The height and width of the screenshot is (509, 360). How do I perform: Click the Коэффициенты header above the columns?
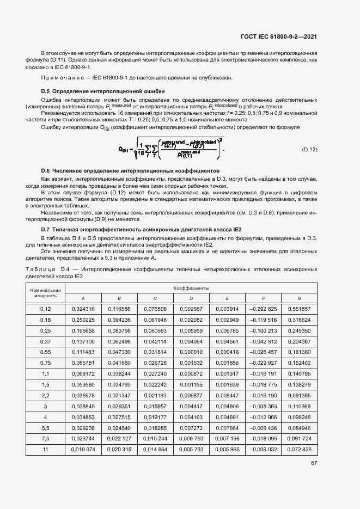click(191, 287)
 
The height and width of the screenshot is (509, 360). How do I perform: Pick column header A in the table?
click(83, 298)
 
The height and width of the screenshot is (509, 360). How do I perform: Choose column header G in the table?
click(299, 298)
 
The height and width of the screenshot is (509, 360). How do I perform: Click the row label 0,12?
click(45, 309)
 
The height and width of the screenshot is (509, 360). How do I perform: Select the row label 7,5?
click(45, 439)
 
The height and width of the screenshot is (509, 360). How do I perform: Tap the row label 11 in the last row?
click(45, 449)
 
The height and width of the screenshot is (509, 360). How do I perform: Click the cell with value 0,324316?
click(83, 309)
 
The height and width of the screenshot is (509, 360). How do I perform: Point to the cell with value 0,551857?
click(299, 309)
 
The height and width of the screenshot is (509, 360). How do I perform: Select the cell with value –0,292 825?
click(263, 309)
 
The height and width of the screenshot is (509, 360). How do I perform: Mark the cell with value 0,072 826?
click(299, 449)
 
